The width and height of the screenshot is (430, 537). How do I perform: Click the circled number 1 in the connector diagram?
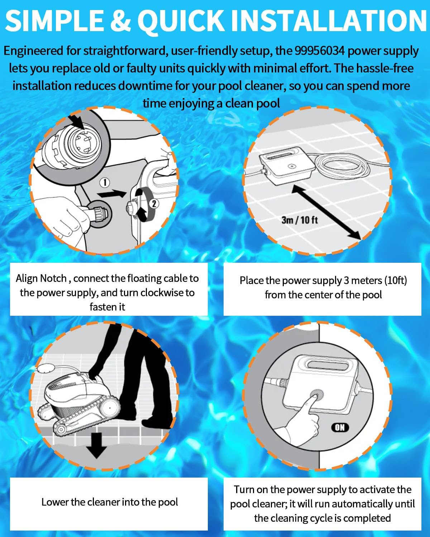tap(105, 183)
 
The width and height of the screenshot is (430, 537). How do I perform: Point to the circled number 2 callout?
tap(154, 204)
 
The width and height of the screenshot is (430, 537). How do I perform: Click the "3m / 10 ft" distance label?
tap(300, 220)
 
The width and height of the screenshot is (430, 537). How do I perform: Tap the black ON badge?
tap(340, 427)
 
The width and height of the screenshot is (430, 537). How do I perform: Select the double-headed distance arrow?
tap(326, 212)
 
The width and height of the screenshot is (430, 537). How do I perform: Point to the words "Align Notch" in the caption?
tap(41, 278)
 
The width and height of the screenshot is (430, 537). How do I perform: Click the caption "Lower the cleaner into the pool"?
tap(109, 502)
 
